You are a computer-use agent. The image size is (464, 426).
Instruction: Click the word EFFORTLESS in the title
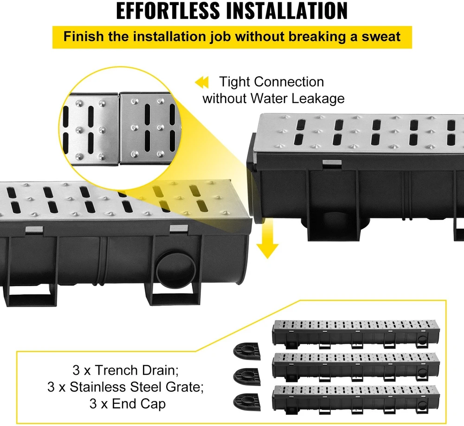[x=168, y=11]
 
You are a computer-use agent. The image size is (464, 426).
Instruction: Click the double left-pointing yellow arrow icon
[x=202, y=82]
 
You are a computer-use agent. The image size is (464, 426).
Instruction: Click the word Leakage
[x=318, y=98]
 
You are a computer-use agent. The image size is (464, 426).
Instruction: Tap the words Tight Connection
[x=271, y=82]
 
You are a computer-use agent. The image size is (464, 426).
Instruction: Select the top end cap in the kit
[x=247, y=351]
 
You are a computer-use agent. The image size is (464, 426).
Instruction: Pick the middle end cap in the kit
[x=247, y=377]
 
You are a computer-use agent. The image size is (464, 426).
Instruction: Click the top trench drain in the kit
[x=356, y=334]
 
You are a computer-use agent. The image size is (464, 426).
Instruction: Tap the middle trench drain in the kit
[x=356, y=367]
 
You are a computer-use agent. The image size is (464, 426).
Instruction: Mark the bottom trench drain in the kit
[x=356, y=400]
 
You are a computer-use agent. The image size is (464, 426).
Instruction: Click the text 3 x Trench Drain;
[x=125, y=370]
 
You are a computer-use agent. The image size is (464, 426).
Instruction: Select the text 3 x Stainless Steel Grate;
[x=125, y=387]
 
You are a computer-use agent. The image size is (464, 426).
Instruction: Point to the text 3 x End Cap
[x=128, y=404]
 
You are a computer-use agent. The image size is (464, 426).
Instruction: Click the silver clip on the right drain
[x=332, y=163]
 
